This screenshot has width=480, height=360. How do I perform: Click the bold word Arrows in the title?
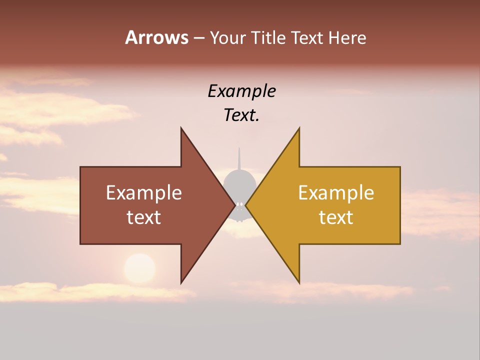(156, 37)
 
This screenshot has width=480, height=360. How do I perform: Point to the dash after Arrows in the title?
(198, 38)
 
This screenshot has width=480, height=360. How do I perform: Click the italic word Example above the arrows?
(241, 91)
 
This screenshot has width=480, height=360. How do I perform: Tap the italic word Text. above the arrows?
(241, 115)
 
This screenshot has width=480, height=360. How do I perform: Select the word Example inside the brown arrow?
(144, 193)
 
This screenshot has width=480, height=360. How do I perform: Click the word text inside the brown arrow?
(144, 217)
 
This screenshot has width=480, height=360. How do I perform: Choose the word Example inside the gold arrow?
(336, 193)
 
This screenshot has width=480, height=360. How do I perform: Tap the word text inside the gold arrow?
(336, 217)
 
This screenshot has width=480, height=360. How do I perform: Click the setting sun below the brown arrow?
(139, 269)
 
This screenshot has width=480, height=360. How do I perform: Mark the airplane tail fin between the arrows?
(239, 159)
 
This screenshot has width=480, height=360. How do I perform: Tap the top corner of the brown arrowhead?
(181, 128)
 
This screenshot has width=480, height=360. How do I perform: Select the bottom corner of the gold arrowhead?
(299, 282)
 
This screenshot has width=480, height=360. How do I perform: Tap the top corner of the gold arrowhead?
(299, 128)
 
